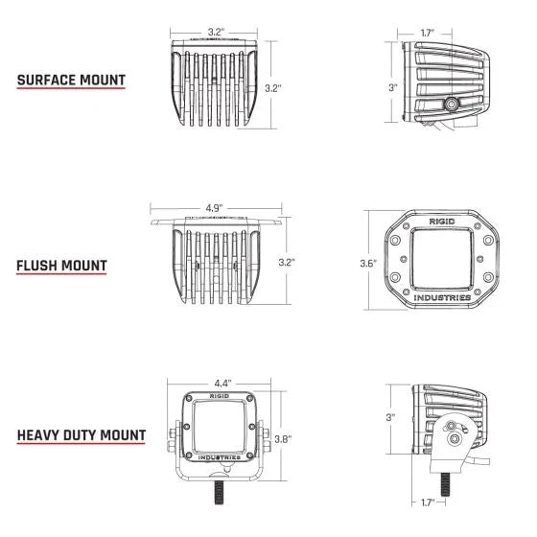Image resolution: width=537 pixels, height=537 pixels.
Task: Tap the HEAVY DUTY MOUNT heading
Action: coord(82,435)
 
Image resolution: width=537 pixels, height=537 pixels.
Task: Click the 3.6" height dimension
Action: coord(365,264)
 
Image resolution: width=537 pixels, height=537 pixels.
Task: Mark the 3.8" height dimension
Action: coord(284,440)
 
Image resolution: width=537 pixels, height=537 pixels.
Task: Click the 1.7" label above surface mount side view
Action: coord(428,33)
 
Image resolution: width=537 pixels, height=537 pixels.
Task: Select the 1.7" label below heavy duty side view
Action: coord(428,501)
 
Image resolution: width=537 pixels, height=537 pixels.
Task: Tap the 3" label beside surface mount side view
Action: coord(391,87)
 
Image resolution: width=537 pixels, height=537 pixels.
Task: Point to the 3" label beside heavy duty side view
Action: coord(391,417)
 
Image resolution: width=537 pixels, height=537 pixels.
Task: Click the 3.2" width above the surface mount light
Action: coord(215,32)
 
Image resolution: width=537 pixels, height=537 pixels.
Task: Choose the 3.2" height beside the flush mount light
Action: coord(285,261)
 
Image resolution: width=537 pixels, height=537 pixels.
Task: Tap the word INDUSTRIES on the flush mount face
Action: coord(442,297)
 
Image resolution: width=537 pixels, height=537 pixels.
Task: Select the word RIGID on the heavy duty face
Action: coord(219,394)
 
